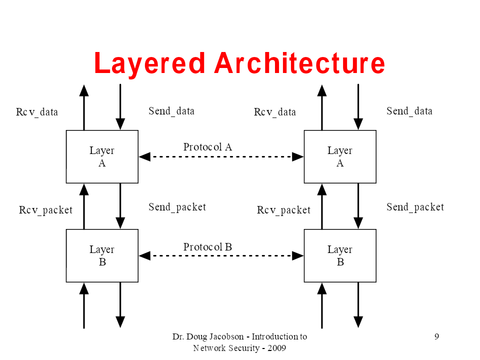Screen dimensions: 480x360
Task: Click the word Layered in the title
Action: click(149, 63)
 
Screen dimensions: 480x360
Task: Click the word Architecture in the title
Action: click(299, 63)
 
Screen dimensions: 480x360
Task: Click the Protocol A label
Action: click(207, 147)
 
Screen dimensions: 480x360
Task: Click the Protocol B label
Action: click(207, 246)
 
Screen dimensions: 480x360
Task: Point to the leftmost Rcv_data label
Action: click(36, 112)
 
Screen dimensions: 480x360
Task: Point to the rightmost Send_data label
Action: click(409, 111)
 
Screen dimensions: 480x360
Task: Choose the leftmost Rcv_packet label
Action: click(45, 210)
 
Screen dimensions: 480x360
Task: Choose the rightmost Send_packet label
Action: click(415, 207)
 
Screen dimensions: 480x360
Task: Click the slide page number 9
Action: click(436, 336)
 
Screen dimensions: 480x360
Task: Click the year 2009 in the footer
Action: click(276, 348)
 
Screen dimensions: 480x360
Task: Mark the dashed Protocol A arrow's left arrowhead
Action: click(144, 156)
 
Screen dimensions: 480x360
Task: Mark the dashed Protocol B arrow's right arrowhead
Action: click(298, 255)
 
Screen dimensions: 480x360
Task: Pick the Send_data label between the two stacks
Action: click(171, 111)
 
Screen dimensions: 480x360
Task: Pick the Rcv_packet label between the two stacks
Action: click(283, 210)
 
